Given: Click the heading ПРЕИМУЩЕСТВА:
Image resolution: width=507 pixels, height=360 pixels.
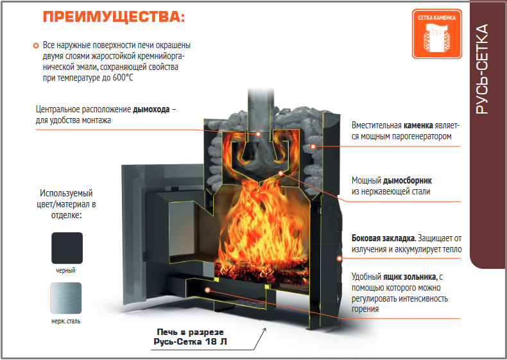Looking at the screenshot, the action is pos(114,17).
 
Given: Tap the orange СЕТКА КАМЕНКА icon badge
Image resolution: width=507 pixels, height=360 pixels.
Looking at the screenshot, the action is pos(437,34).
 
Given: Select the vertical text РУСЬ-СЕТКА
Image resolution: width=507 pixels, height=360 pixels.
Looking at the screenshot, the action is pos(482,69).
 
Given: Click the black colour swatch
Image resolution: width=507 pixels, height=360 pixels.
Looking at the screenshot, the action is pos(67,248).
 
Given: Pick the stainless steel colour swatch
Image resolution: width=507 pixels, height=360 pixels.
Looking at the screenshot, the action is pos(66,298).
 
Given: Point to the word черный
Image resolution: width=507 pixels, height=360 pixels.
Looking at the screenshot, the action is pos(65,270).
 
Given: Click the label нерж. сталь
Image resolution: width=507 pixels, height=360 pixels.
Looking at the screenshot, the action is pos(65,321).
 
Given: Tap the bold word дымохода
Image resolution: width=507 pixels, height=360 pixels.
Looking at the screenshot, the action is pos(151,109).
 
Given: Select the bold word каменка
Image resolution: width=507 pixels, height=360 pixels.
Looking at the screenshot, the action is pos(418,125).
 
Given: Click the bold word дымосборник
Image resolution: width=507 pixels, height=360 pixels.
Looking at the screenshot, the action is pos(408,180).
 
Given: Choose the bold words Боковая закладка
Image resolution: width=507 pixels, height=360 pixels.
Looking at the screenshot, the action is pos(384,238).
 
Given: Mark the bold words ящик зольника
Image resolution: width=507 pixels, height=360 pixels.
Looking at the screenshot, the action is pos(409,277).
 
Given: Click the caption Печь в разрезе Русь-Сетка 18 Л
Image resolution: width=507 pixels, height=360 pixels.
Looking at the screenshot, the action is pos(190,337).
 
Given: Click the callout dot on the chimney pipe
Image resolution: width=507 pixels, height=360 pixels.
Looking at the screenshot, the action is pos(258,133).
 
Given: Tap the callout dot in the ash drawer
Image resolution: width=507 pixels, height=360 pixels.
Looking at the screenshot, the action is pos(207,290).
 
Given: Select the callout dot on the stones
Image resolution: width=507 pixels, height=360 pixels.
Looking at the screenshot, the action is pos(313,146).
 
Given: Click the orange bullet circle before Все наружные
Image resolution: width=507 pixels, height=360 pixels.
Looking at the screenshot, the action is pos(36,46).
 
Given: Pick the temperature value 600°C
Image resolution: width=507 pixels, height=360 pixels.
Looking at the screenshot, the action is pos(123,78).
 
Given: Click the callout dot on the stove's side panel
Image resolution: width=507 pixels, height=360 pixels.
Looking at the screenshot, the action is pos(339,258).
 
